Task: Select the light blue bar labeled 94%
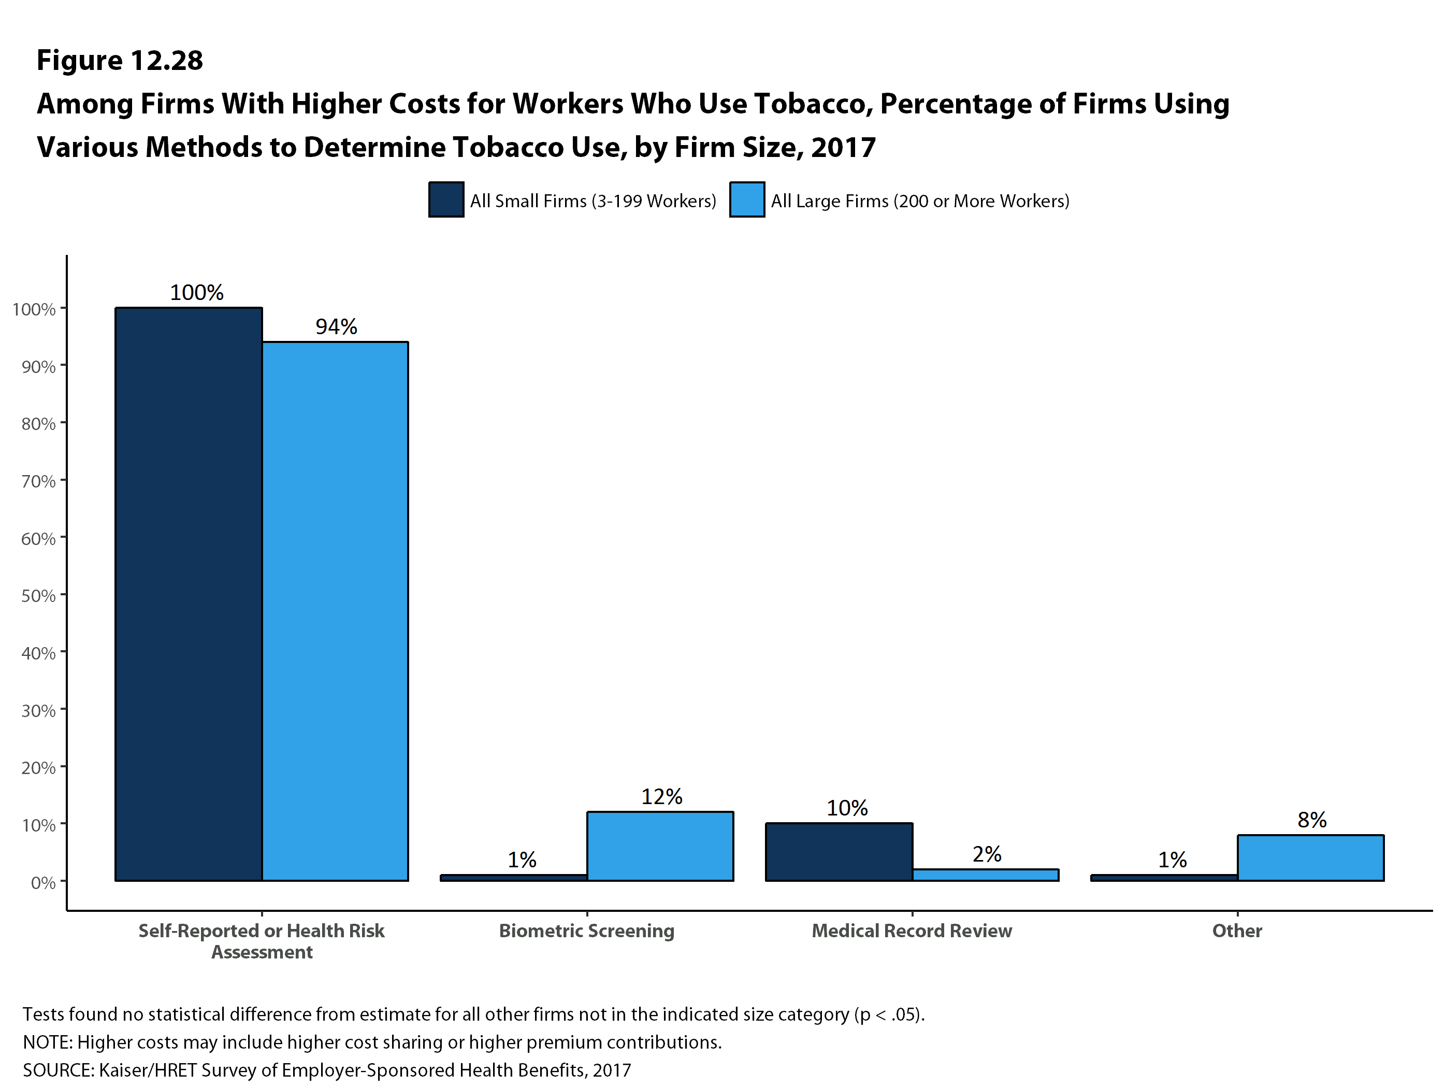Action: pos(335,611)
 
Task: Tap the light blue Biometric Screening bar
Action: pos(660,846)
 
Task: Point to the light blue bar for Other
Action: pos(1310,857)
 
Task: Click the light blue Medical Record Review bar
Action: pos(985,875)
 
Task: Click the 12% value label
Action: pos(661,796)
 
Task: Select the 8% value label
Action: pos(1312,820)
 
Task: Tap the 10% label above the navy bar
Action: pos(847,808)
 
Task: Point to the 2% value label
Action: pos(987,854)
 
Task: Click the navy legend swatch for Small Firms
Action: pos(446,199)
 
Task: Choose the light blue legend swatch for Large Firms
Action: pos(747,199)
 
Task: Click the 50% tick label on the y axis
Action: pos(38,596)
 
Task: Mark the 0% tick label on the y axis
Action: pos(43,883)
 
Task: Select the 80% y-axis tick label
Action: pos(38,424)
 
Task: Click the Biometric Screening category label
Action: pos(586,930)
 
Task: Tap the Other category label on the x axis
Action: pos(1237,930)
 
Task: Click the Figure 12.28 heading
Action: pos(120,60)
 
